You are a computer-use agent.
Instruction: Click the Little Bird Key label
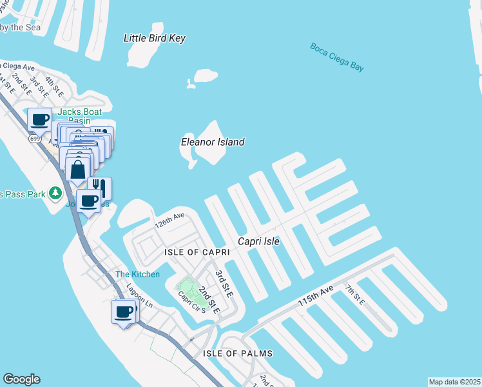155,39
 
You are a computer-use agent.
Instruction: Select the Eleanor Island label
213,142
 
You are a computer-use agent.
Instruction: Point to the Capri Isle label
259,241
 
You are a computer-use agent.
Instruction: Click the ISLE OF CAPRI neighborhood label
193,252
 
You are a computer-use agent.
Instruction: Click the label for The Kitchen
137,274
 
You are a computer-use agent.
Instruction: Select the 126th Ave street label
170,221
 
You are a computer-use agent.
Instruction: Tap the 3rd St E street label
223,283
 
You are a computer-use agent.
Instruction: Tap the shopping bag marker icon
78,170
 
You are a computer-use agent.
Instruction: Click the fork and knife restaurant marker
99,188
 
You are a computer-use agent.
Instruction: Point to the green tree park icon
56,193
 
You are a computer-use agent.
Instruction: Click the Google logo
21,379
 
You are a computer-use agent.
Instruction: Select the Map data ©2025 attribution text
454,382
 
